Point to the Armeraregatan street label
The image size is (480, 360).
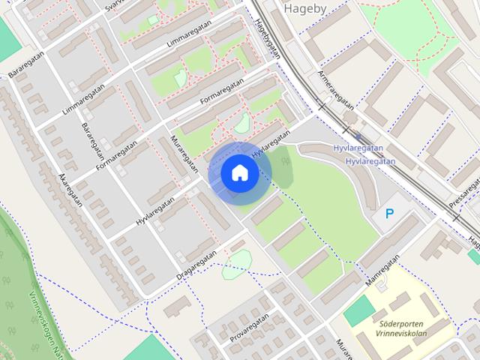tap(335, 91)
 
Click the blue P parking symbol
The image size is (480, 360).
tap(389, 214)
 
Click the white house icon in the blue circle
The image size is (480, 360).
tap(239, 172)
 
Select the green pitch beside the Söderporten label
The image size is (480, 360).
tap(358, 310)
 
